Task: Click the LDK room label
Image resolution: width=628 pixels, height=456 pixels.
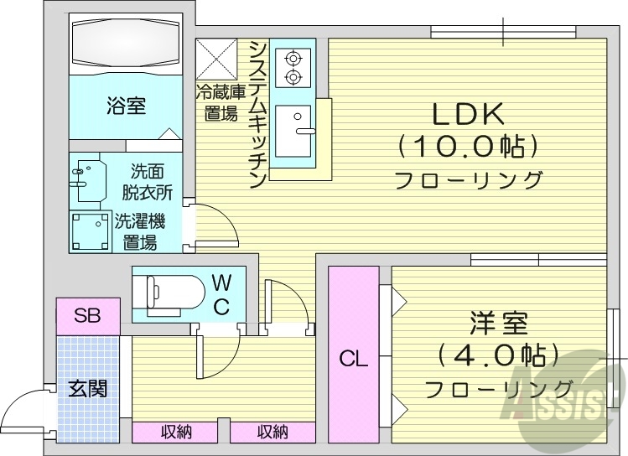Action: point(467,113)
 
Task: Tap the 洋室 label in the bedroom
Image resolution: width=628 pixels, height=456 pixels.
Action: point(498,323)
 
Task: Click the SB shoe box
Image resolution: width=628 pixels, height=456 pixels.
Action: point(87,315)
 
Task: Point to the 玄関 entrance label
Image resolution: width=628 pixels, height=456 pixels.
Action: point(87,389)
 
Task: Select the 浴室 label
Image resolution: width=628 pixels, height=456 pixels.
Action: point(126,106)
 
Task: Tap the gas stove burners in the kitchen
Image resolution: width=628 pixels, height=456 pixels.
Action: point(293,68)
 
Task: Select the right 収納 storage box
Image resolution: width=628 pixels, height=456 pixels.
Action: point(272,433)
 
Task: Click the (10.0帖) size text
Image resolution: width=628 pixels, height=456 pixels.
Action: point(467,148)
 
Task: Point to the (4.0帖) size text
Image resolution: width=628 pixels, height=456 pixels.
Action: point(498,356)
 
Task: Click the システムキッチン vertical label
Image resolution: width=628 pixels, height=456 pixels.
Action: point(258,113)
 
